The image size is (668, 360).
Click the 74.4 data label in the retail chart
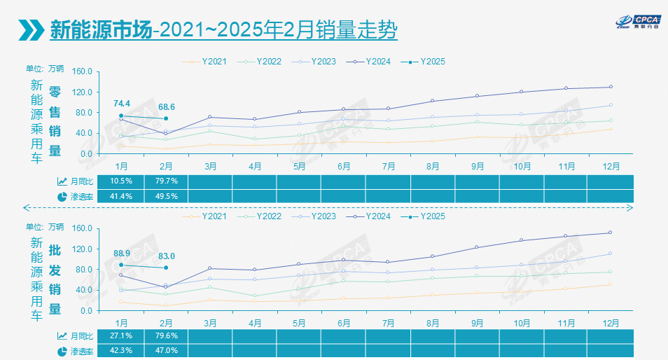(122, 104)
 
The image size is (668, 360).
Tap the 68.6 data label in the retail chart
(167, 106)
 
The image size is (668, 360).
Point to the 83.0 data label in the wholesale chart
(167, 256)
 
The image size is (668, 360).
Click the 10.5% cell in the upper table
(122, 181)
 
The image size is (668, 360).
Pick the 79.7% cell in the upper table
(167, 181)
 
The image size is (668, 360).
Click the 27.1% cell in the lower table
(122, 335)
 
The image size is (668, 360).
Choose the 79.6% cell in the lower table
(167, 335)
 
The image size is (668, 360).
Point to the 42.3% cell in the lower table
(122, 351)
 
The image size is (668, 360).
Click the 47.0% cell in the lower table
(167, 351)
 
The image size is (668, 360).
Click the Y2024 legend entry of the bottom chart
(372, 216)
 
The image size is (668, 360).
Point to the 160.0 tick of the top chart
(83, 71)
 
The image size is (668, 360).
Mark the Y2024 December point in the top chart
(611, 87)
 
